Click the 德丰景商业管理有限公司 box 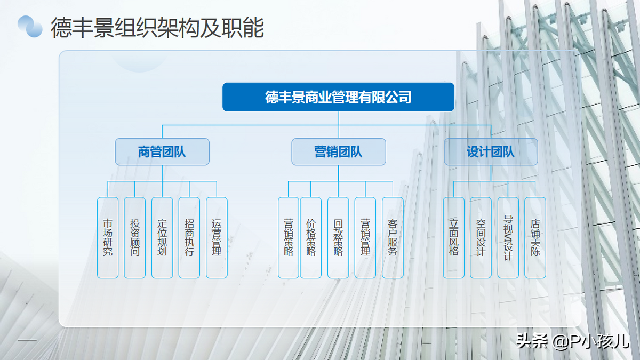338,97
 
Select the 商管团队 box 162,151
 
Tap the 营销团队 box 339,151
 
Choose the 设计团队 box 491,151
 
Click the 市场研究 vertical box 108,237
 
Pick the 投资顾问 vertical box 134,237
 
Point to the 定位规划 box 162,237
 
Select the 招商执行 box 189,237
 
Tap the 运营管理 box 217,237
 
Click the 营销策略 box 289,237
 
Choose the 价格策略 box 311,237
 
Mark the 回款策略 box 338,237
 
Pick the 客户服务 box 393,237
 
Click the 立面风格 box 454,237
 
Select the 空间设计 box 481,237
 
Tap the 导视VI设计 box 508,237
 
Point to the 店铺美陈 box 535,237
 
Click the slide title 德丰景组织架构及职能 157,28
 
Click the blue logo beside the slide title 30,26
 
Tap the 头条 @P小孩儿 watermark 573,341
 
